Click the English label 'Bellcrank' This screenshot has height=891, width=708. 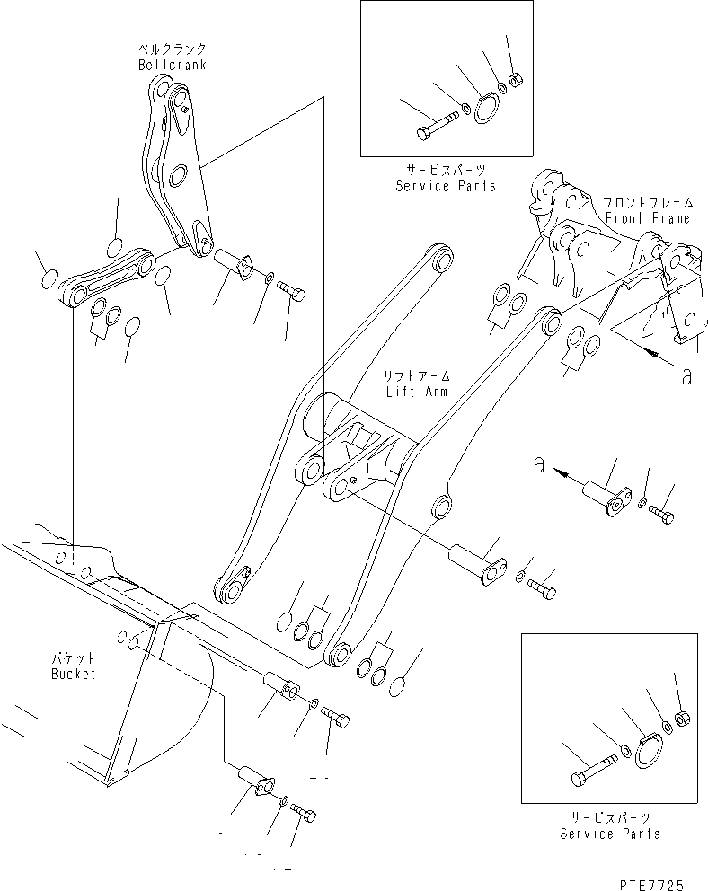point(173,64)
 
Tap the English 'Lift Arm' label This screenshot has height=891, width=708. point(417,392)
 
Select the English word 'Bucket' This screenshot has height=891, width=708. point(74,674)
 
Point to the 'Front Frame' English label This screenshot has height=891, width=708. point(648,218)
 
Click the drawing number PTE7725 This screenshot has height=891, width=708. point(651,884)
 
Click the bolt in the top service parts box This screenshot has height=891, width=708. point(438,126)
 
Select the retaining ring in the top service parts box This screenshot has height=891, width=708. point(486,110)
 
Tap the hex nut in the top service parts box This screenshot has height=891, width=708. point(517,81)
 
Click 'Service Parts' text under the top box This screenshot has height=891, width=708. point(446,186)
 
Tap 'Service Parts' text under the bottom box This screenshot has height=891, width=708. point(610,834)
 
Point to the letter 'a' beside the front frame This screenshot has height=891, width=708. point(687,376)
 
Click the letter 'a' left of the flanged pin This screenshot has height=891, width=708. point(539,465)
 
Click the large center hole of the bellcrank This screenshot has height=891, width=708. point(179,173)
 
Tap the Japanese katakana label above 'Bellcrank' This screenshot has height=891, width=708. point(173,49)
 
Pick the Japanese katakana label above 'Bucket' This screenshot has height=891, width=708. point(74,659)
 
